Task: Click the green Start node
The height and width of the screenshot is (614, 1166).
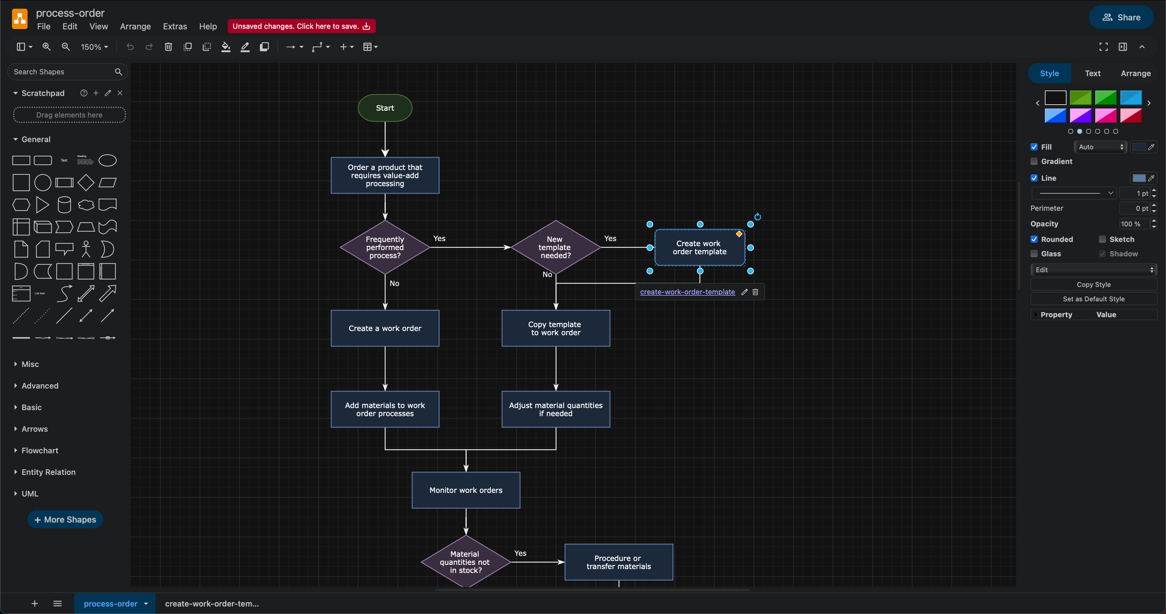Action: click(385, 108)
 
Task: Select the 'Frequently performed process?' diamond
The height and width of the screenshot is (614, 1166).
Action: click(385, 247)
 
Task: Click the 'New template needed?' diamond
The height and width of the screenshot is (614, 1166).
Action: click(555, 247)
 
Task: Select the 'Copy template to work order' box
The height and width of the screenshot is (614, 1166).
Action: click(555, 328)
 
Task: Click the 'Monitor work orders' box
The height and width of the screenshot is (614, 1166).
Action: click(466, 490)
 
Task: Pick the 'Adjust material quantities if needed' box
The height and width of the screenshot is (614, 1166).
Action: click(555, 409)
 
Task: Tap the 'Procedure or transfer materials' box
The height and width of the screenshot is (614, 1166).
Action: click(618, 562)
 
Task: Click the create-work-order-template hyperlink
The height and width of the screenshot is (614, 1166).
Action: click(687, 292)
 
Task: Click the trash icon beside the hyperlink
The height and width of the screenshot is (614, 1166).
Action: click(755, 292)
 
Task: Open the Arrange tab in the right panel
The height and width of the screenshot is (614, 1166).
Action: click(1135, 73)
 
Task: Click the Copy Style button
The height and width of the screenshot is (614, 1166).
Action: click(1093, 284)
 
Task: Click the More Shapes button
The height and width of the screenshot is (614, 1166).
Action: click(65, 519)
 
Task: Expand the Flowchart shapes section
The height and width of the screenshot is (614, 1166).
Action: click(40, 451)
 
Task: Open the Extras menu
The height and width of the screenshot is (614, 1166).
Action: click(175, 26)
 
